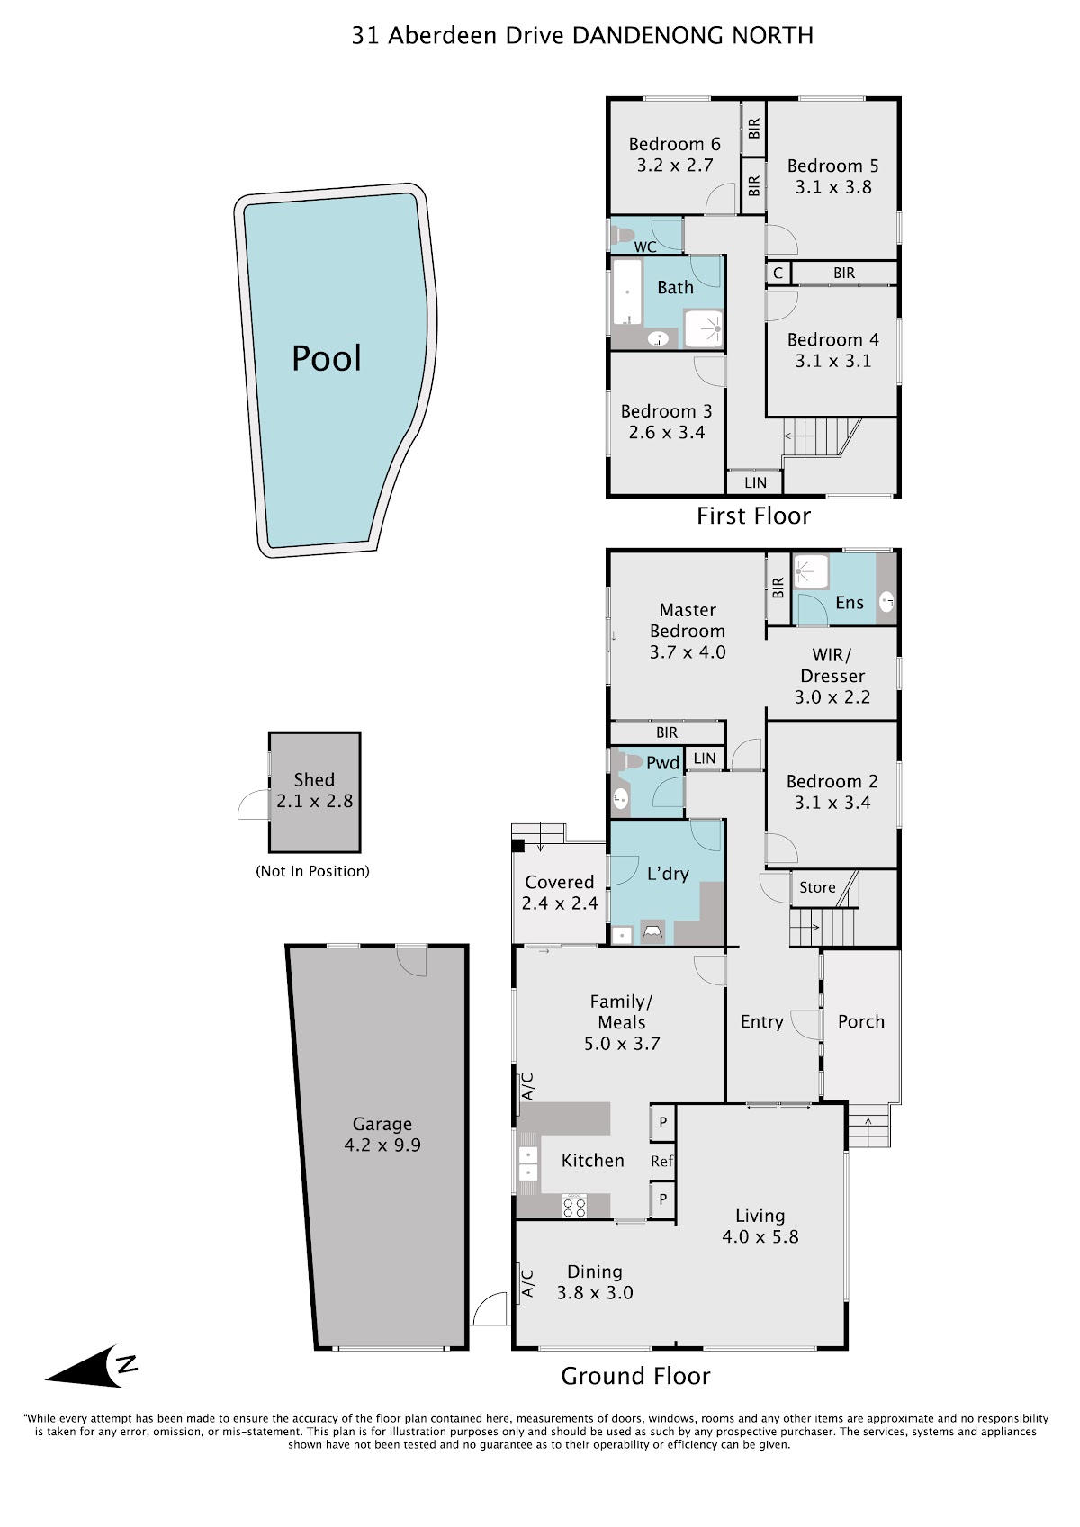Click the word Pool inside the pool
[327, 358]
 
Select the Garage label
[382, 1124]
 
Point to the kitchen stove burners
[573, 1207]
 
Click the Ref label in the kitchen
[661, 1161]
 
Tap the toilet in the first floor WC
[622, 235]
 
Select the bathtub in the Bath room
[626, 292]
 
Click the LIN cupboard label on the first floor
[755, 482]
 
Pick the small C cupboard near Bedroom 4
[778, 274]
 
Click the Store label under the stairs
[817, 887]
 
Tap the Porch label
[861, 1021]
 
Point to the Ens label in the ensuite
[850, 603]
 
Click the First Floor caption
[753, 516]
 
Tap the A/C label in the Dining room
[527, 1284]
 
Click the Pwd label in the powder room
[662, 763]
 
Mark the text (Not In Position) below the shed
[312, 871]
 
